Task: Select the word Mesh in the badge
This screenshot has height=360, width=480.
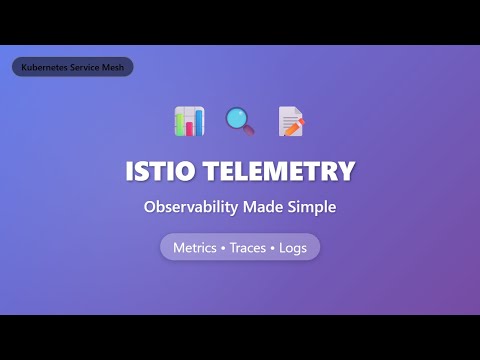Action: (x=110, y=67)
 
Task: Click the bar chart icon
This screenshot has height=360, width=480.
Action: (x=189, y=122)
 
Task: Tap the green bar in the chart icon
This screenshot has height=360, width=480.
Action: (x=183, y=125)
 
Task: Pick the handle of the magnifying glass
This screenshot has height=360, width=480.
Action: (x=249, y=131)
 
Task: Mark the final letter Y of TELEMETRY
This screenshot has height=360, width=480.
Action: (x=345, y=171)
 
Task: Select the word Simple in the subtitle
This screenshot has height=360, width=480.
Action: (x=308, y=208)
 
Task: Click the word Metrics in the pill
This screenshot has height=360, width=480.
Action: (x=195, y=247)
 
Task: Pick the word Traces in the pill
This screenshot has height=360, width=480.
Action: (x=247, y=247)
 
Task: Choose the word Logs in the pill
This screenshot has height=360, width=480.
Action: (x=292, y=247)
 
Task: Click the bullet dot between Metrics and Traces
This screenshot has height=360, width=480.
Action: (x=223, y=247)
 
